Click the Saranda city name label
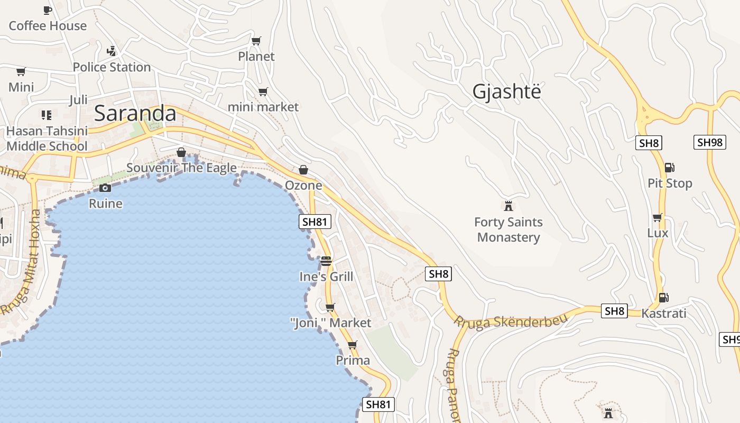click(135, 114)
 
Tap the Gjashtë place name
click(507, 91)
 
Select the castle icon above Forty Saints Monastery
click(508, 206)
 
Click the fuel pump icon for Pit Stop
click(669, 168)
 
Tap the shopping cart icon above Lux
click(658, 217)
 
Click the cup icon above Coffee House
click(47, 10)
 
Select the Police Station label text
click(112, 67)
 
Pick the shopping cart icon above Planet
click(256, 41)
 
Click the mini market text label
click(263, 107)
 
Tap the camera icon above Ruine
click(105, 188)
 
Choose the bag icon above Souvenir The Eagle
click(181, 152)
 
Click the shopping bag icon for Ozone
click(303, 170)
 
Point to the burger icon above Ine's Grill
click(326, 261)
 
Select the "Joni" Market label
click(331, 323)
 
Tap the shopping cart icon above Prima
click(353, 345)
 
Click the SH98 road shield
click(709, 142)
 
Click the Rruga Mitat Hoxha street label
click(21, 261)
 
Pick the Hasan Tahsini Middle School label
click(47, 139)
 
